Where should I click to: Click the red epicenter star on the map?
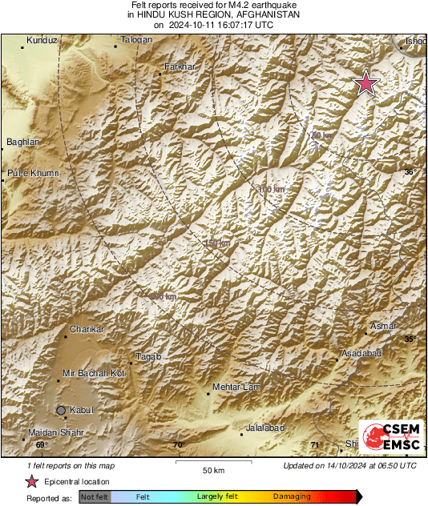[366, 83]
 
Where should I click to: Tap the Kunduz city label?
[42, 40]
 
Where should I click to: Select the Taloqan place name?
[136, 40]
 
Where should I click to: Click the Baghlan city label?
[22, 142]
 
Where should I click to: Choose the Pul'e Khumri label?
[33, 173]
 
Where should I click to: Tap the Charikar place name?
[87, 329]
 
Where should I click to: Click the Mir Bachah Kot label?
[94, 373]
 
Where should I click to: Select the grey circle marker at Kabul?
[61, 410]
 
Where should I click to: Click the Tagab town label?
[148, 356]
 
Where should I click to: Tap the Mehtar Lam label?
[236, 388]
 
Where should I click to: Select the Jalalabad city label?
[264, 428]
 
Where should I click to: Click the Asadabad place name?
[361, 353]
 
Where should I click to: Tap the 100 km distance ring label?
[272, 189]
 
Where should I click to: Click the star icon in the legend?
[32, 482]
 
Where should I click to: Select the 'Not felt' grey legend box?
[95, 497]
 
